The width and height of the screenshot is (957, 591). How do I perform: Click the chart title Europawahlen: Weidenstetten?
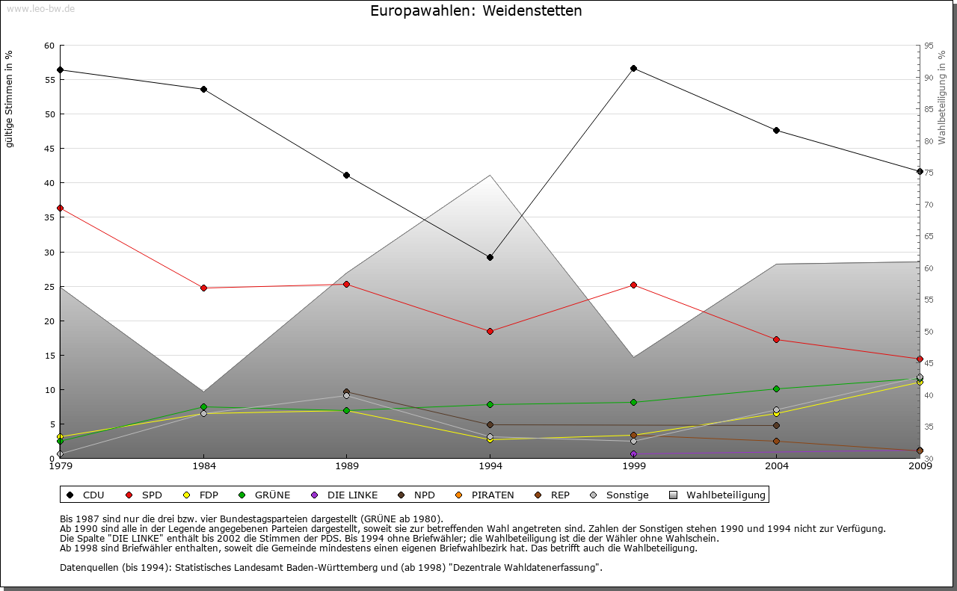[476, 11]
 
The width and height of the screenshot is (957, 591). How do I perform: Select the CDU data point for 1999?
[633, 68]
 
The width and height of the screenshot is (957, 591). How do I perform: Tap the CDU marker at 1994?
[490, 257]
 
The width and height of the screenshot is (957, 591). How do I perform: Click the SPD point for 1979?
[60, 208]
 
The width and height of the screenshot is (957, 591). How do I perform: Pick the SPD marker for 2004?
[777, 339]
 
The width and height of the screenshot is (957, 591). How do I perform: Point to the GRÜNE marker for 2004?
[777, 389]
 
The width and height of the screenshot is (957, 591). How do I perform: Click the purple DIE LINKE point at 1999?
[633, 454]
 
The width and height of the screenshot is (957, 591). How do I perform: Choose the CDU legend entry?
[86, 495]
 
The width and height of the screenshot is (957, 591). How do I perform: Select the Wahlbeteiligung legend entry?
[718, 495]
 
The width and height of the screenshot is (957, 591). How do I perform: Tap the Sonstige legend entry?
[620, 495]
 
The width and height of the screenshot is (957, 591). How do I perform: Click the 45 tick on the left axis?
[49, 149]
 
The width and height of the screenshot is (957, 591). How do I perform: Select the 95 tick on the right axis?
[928, 46]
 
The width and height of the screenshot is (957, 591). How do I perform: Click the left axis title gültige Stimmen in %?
[10, 99]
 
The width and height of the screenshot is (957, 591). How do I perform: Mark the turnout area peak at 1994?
[490, 176]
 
